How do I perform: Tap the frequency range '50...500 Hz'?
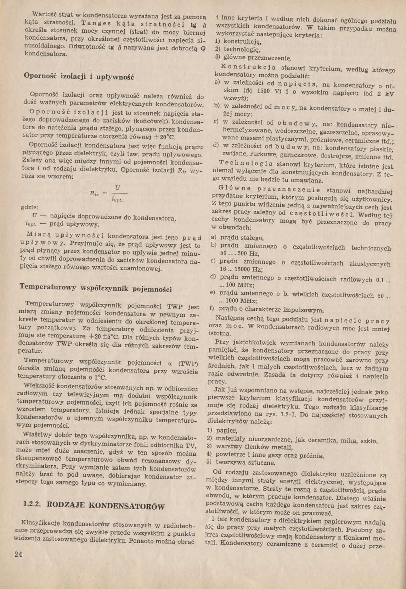239,254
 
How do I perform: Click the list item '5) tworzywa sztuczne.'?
241,462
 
